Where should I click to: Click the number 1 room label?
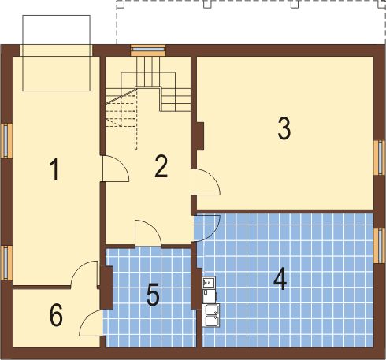click(x=54, y=169)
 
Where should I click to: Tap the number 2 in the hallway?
click(x=161, y=166)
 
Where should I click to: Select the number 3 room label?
click(x=284, y=128)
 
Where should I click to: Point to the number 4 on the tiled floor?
click(x=280, y=279)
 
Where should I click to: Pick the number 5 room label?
click(x=153, y=295)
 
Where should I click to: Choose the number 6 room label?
click(x=56, y=314)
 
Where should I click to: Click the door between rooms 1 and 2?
click(x=115, y=169)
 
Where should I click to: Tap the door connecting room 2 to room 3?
click(x=206, y=182)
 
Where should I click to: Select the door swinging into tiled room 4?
click(x=206, y=228)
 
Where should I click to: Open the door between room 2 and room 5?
click(x=148, y=233)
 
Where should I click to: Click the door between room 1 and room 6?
click(x=85, y=273)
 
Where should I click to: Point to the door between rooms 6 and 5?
click(x=91, y=322)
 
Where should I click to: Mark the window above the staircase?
click(x=148, y=50)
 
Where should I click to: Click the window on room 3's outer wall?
click(x=379, y=158)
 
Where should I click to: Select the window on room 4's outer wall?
click(x=379, y=246)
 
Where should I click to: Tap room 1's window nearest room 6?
click(x=6, y=262)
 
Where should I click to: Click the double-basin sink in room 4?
click(x=211, y=315)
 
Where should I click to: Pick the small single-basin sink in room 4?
click(x=209, y=282)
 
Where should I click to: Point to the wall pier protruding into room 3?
click(x=200, y=136)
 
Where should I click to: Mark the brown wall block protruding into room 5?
click(x=107, y=288)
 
